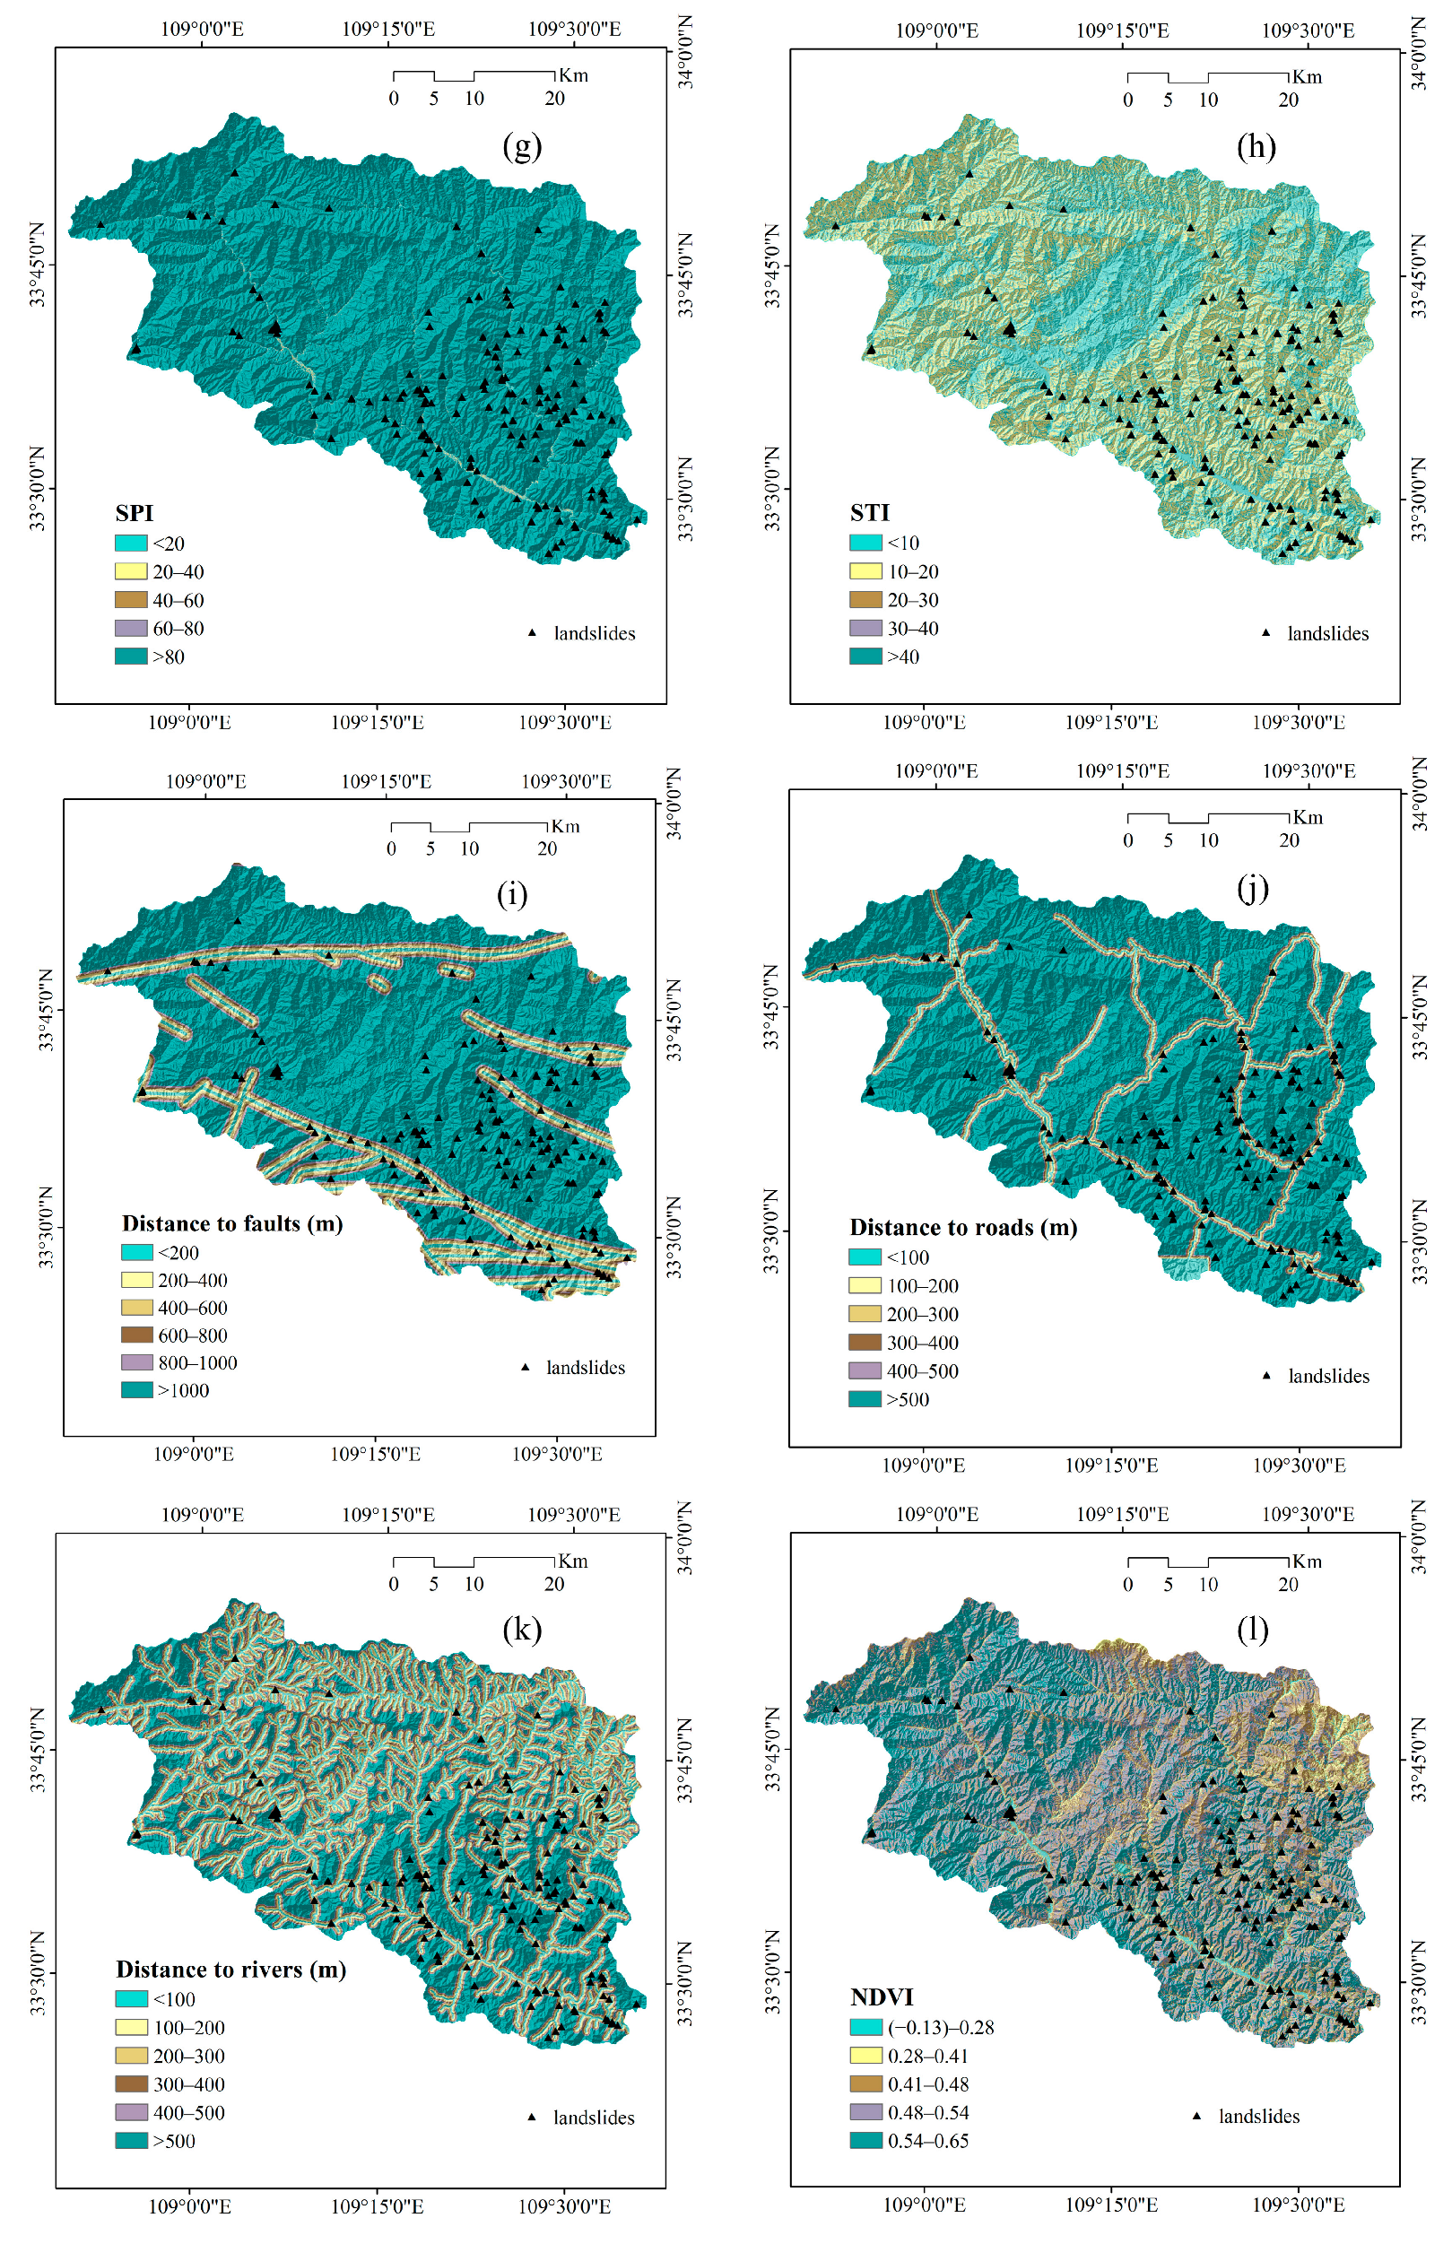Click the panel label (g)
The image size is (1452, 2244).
(521, 146)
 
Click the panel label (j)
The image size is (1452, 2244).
(1252, 889)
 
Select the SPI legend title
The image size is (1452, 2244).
(134, 513)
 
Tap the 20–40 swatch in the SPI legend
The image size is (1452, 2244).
(131, 571)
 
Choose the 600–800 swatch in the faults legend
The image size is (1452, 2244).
(136, 1335)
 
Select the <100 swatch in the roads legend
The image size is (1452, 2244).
(865, 1257)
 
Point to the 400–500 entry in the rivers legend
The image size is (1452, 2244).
(188, 2112)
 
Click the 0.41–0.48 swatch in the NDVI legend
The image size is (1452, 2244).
(865, 2083)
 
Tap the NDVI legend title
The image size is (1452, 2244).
(882, 1996)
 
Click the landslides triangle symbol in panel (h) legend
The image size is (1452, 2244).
(1266, 632)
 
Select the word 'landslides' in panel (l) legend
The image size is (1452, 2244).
(1258, 2116)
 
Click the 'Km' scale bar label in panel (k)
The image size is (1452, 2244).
(572, 1561)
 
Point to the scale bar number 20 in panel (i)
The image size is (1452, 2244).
(547, 848)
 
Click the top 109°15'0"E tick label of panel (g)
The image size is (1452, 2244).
(387, 30)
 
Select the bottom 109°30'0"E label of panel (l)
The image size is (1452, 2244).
(1299, 2205)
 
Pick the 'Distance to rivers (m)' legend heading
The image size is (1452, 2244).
(231, 1969)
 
